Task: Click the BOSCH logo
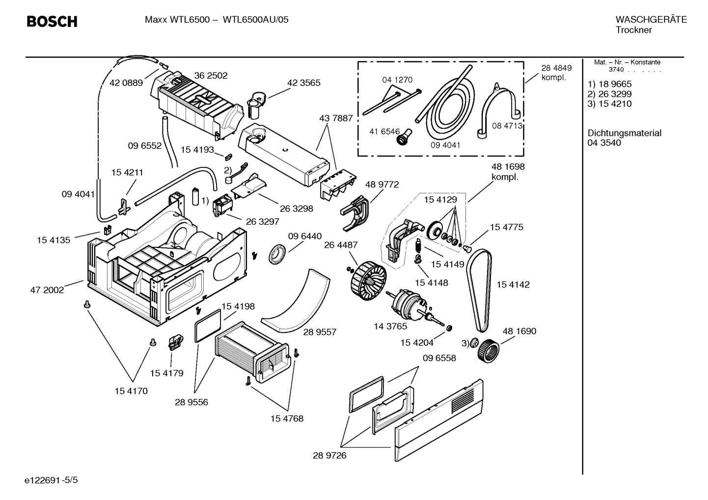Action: point(52,22)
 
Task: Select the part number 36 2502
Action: point(211,76)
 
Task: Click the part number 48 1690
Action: point(519,331)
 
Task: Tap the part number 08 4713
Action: point(506,126)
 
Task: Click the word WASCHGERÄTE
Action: point(651,20)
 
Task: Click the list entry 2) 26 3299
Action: point(609,94)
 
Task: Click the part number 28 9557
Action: point(320,332)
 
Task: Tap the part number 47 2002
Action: point(47,290)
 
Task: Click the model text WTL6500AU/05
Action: point(255,20)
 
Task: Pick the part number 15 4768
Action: point(287,419)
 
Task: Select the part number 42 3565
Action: point(303,83)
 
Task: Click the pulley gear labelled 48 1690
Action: point(488,351)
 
